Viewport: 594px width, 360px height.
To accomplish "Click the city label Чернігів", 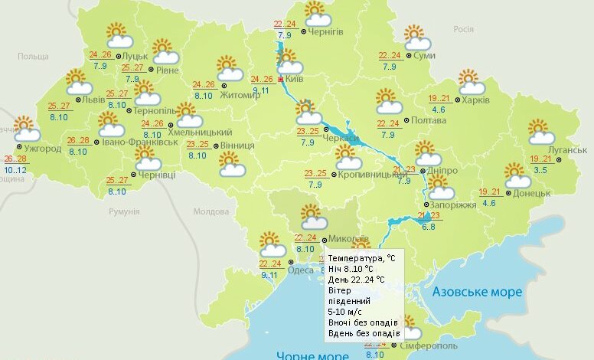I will (325, 31).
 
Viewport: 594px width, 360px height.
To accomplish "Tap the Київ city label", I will (297, 79).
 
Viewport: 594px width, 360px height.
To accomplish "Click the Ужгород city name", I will (43, 148).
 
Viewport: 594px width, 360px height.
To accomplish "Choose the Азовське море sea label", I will (477, 292).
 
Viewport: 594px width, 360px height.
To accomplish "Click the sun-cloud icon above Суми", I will (415, 37).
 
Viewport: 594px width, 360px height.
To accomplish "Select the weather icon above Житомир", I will (227, 67).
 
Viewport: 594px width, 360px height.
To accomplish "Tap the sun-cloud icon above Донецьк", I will (517, 175).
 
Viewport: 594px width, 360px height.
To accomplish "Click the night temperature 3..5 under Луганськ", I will (539, 169).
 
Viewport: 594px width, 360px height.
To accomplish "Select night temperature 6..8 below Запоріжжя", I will (428, 226).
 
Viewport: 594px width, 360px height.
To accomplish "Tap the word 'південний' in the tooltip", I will (348, 301).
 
